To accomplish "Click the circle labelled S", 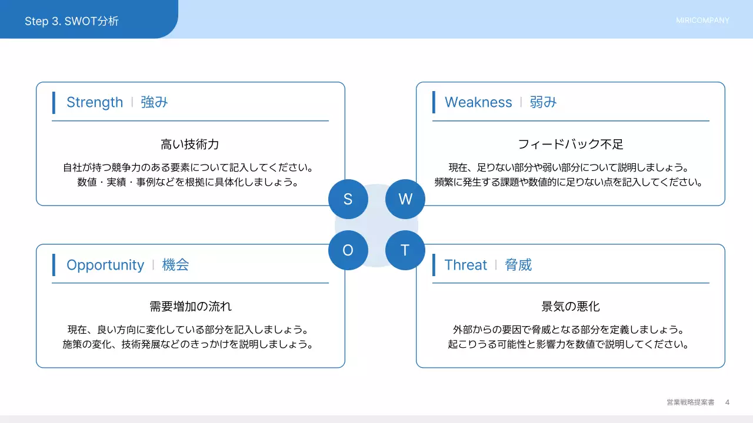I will tap(348, 199).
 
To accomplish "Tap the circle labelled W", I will tap(405, 199).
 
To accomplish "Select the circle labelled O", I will tap(348, 250).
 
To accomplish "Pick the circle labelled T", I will tap(405, 250).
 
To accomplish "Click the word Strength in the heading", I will tap(95, 102).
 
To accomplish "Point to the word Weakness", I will tap(478, 102).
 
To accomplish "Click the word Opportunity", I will tap(105, 265).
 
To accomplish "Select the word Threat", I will tap(466, 265).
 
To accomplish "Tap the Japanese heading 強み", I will tap(154, 102).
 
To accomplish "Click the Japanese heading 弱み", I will tap(543, 102).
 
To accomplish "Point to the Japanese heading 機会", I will tap(175, 265).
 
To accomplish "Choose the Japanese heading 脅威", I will tap(518, 265).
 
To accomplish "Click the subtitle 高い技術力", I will tap(190, 145).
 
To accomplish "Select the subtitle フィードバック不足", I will tap(570, 145).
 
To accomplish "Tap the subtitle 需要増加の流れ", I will tap(190, 307).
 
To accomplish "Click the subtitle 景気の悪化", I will tap(570, 307).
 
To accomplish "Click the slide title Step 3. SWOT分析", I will tap(72, 21).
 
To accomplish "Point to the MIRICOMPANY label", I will tap(702, 21).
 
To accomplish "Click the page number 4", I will tap(727, 402).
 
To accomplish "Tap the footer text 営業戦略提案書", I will tap(690, 402).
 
